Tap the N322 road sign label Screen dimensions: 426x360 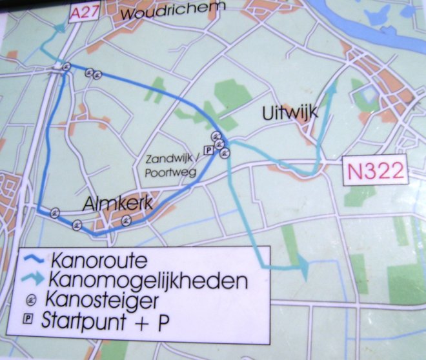point(375,171)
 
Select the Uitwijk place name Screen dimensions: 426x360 point(290,114)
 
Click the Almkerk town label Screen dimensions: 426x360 point(118,204)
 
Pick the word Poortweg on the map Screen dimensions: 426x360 point(167,172)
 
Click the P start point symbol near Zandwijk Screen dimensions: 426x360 point(208,150)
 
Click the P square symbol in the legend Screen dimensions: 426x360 point(28,318)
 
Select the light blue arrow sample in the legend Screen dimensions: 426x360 point(33,281)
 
